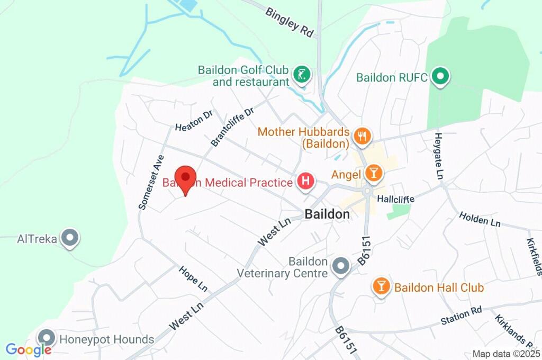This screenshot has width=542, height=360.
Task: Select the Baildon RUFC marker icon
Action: coord(439,77)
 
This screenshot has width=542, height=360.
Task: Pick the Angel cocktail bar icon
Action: coord(373,174)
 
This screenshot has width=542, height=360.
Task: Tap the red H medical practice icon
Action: coord(305,183)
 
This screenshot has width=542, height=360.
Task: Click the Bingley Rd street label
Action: coord(290,22)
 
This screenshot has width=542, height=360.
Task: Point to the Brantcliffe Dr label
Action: coord(232,127)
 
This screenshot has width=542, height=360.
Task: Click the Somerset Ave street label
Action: coord(150,183)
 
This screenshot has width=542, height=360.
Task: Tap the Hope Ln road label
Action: coord(193,278)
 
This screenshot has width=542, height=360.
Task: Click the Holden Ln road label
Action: coord(480,219)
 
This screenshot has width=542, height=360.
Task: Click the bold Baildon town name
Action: coord(327,214)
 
